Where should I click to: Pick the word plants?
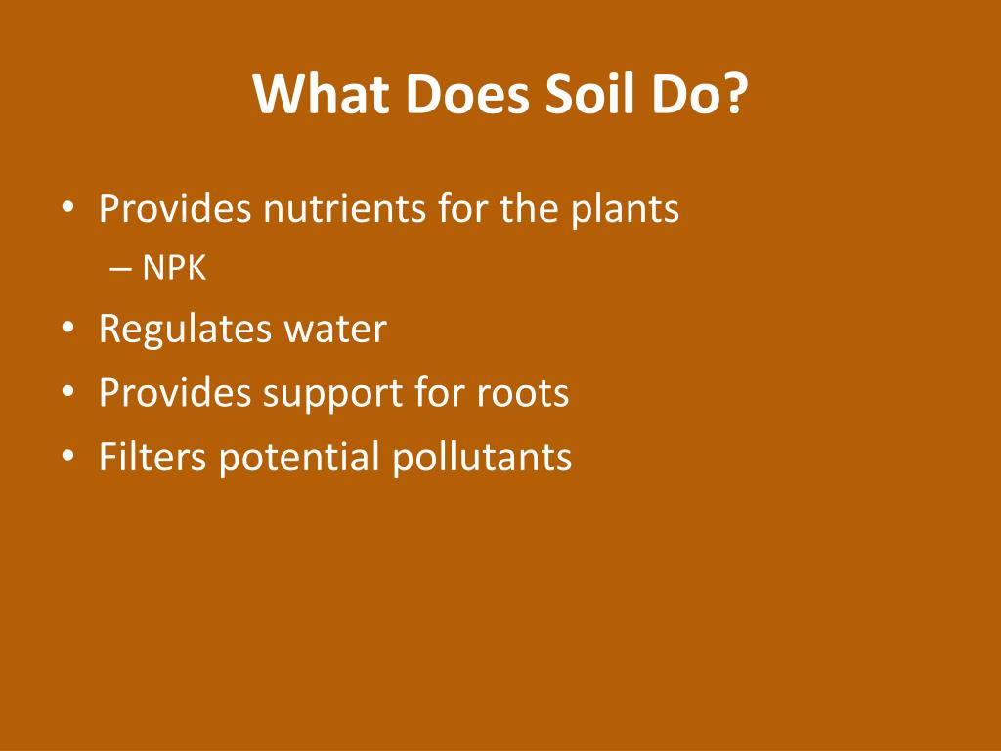click(625, 208)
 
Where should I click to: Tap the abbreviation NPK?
click(174, 268)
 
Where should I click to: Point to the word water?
click(335, 330)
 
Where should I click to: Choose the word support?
click(326, 394)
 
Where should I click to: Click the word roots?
click(523, 394)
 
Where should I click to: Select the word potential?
click(300, 457)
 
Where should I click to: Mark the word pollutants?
click(482, 457)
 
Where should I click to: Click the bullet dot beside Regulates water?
click(66, 331)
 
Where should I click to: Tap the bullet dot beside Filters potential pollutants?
click(66, 457)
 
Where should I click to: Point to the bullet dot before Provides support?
click(66, 394)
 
